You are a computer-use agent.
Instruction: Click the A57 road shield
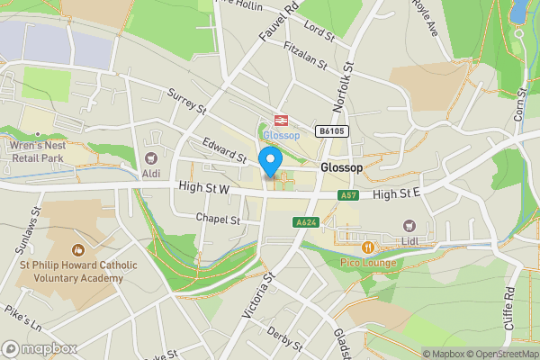coord(349,194)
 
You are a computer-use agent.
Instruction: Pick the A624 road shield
coord(304,223)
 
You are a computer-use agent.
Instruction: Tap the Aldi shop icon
coord(151,158)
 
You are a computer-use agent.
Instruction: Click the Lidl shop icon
coord(410,226)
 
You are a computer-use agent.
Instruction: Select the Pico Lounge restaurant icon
coord(367,247)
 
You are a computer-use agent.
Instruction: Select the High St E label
coord(397,194)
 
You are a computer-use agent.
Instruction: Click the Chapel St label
coord(218,219)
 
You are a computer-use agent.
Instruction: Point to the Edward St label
coord(225,150)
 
